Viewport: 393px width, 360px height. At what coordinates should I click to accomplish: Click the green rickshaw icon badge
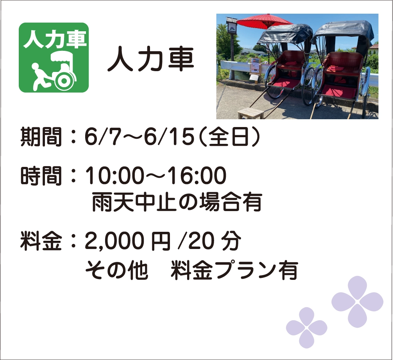click(54, 58)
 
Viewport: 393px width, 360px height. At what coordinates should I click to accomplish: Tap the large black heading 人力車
click(151, 59)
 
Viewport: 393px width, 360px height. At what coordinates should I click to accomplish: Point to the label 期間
click(41, 137)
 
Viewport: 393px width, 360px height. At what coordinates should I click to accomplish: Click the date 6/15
click(170, 137)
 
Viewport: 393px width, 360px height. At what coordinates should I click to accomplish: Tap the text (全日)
click(230, 137)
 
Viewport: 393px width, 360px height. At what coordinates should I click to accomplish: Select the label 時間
click(41, 176)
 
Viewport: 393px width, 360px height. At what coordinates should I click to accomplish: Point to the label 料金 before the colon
click(41, 241)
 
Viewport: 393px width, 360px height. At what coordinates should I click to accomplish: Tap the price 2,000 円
click(128, 241)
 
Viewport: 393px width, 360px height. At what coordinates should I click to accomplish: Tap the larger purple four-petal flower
click(357, 302)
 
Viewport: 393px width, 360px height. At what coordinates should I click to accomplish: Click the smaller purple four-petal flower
click(307, 328)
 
